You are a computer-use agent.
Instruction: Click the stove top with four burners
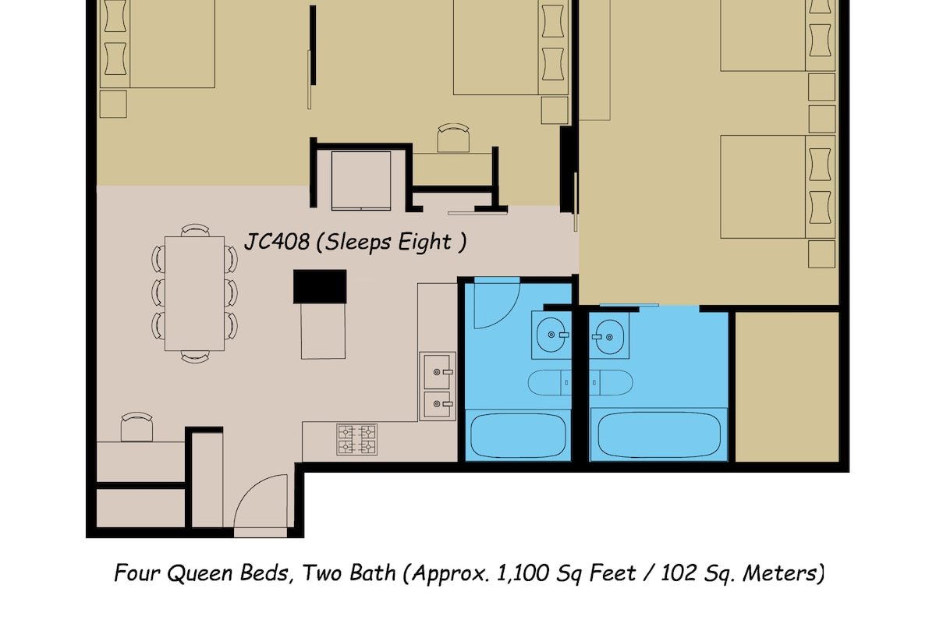[357, 439]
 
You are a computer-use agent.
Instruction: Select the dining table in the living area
[195, 293]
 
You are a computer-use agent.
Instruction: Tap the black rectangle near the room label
[320, 286]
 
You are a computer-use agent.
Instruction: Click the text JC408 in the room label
[277, 241]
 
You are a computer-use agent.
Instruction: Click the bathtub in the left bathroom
[518, 437]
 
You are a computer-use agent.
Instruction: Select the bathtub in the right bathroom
[658, 437]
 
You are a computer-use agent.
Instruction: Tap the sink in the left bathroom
[552, 335]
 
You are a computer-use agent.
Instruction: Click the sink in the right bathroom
[608, 335]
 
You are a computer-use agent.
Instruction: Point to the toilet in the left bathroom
[549, 382]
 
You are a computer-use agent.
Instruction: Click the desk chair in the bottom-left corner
[137, 427]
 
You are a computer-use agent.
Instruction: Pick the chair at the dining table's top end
[195, 230]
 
